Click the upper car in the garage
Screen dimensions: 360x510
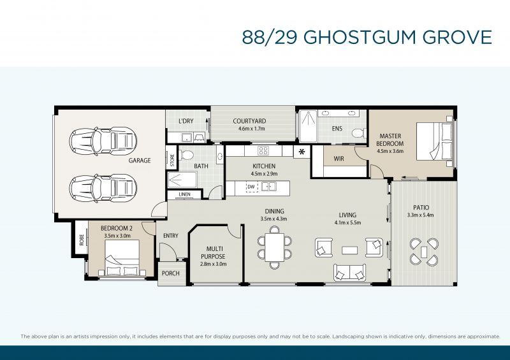pos(101,141)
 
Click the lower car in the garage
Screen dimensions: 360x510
pos(101,186)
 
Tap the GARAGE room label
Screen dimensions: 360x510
pos(140,161)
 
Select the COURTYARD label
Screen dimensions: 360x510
pos(249,120)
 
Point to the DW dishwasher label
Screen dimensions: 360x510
pos(251,187)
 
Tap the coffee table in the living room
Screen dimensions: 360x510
pos(349,249)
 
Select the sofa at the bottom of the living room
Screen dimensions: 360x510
pos(349,272)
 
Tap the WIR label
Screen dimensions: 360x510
pos(339,159)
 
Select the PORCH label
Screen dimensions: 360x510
pos(171,273)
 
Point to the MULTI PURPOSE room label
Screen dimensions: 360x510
pos(213,253)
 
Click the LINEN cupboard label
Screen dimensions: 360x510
pos(184,194)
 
